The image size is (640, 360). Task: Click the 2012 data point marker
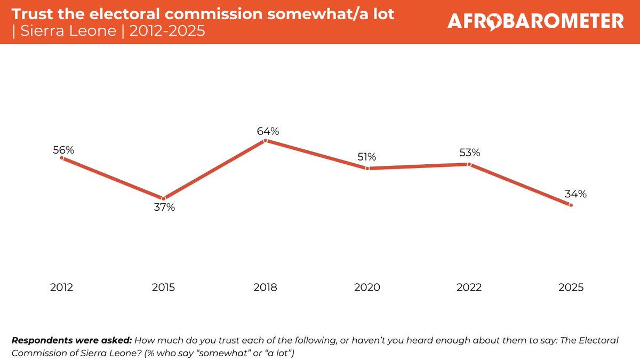[x=62, y=158]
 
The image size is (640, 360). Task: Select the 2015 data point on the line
[x=164, y=199]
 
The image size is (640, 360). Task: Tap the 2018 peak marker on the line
[x=266, y=141]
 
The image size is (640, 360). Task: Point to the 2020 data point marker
[x=367, y=169]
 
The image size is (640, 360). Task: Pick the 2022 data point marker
[x=469, y=164]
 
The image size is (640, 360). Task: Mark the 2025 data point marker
[x=571, y=205]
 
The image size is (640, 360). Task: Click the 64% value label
[x=266, y=131]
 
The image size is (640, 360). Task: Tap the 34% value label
[x=575, y=194]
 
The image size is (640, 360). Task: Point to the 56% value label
[x=63, y=150]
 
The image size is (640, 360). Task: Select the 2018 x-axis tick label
[x=266, y=287]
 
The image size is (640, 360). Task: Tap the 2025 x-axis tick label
[x=571, y=287]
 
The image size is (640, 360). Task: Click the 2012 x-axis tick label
[x=62, y=287]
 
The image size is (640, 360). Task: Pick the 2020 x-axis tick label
[x=367, y=287]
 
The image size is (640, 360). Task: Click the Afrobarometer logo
[x=535, y=21]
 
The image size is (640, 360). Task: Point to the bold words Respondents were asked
[x=71, y=340]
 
